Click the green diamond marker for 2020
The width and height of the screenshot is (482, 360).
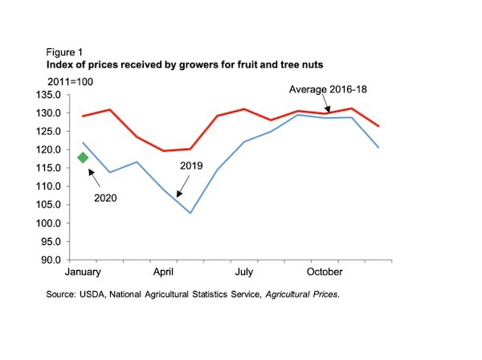coord(83,157)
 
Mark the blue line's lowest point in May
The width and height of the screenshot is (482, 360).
coord(190,213)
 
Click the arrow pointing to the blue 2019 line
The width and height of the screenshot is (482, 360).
coord(184,186)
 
